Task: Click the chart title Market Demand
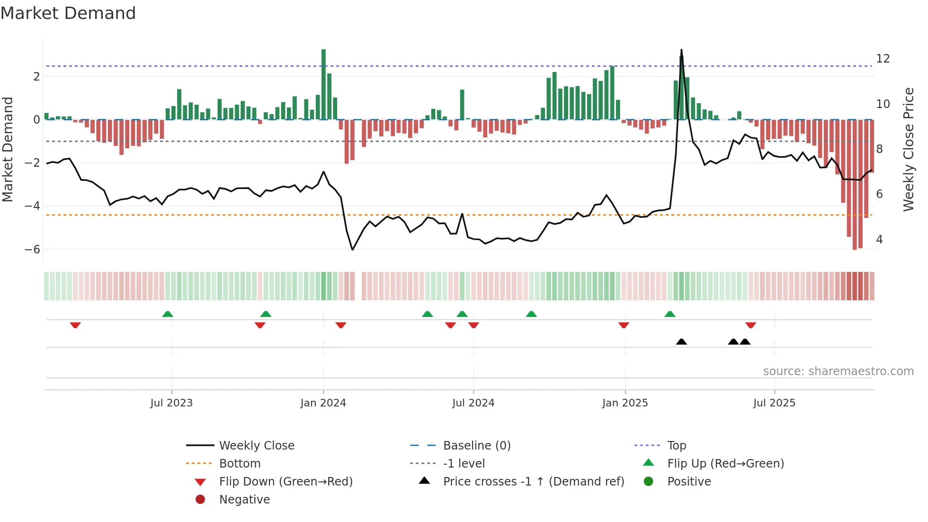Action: (68, 13)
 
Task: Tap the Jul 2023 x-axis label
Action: (171, 403)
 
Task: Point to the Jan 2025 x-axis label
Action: (625, 403)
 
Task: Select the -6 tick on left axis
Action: (32, 250)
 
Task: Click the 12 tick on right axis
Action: (883, 59)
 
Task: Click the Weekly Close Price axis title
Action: (908, 149)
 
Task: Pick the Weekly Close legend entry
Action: (256, 446)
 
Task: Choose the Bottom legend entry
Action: (240, 464)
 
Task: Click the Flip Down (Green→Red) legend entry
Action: (286, 482)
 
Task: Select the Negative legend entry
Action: (244, 500)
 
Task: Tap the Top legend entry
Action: (677, 446)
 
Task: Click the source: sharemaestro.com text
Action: (838, 371)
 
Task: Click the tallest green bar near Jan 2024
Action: (323, 84)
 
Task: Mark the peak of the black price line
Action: (681, 50)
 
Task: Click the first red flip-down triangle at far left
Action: (75, 325)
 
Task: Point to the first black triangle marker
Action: (681, 342)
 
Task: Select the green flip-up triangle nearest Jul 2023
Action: (168, 314)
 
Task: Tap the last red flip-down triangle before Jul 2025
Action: (750, 325)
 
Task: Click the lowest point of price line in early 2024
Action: (352, 249)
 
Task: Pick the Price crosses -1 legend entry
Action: (534, 482)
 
